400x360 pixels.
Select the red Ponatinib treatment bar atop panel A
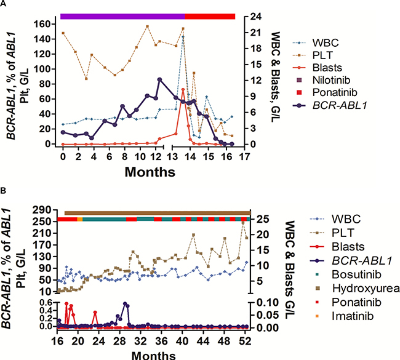click(x=210, y=16)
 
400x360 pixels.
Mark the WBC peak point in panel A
click(x=183, y=54)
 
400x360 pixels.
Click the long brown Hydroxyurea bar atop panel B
click(x=157, y=212)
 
